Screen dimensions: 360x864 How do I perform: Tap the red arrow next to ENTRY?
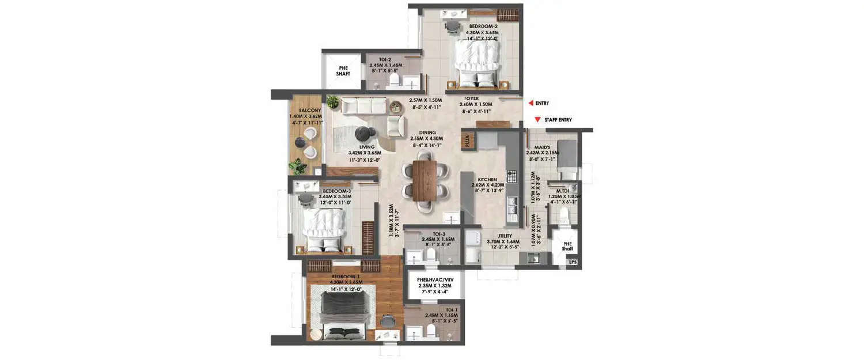pyautogui.click(x=529, y=103)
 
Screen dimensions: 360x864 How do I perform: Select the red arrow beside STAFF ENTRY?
pyautogui.click(x=537, y=120)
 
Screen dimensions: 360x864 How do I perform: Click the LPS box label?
pyautogui.click(x=572, y=263)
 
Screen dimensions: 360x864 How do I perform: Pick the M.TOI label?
pyautogui.click(x=563, y=190)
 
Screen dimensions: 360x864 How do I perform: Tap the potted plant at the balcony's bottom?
pyautogui.click(x=298, y=167)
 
